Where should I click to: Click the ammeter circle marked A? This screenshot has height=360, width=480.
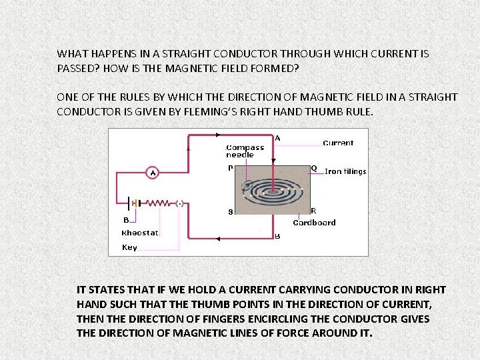coord(153,173)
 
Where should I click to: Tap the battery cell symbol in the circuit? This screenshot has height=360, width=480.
coord(133,203)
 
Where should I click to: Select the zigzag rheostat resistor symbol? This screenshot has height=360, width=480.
coord(159,203)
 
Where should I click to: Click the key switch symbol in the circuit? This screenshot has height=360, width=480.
coord(179,203)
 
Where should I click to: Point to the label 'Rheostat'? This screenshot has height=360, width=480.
coord(141,233)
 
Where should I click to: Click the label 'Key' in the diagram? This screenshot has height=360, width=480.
coord(129,247)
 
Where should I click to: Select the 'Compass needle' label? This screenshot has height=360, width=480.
coord(245,151)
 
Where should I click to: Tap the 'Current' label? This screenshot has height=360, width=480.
coord(338,143)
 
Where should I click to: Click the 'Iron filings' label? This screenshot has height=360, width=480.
coord(345,171)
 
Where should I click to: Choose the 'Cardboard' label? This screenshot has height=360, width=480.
coord(314,223)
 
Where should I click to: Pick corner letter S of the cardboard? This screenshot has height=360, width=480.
coord(231,213)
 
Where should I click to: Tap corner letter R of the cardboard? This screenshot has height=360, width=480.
coord(313,211)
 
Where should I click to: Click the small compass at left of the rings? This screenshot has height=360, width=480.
coord(248,183)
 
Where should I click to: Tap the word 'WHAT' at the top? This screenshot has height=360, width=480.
coord(72,53)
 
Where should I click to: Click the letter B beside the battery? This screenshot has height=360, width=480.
coord(125,219)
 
